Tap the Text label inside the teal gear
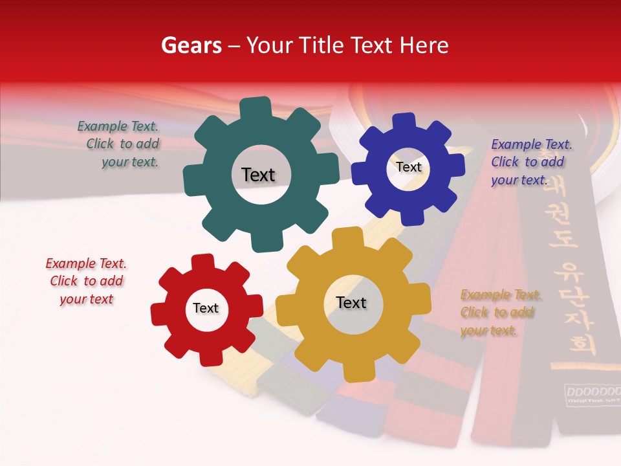[258, 175]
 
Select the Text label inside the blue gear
[408, 167]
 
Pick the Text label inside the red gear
[206, 308]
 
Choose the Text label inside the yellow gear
[351, 302]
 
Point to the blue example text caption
[530, 162]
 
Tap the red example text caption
[86, 282]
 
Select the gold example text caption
[500, 313]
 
